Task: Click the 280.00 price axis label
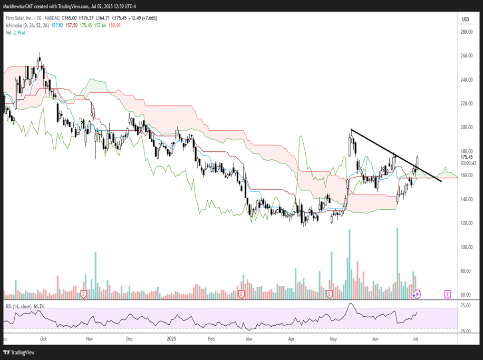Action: [466, 32]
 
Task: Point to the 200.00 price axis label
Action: [466, 128]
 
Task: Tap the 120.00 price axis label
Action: [466, 223]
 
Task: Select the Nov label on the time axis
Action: [89, 339]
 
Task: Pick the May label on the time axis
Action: [333, 339]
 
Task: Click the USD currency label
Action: [466, 19]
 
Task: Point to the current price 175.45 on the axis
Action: [466, 157]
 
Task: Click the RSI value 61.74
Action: [38, 306]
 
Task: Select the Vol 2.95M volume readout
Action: [16, 33]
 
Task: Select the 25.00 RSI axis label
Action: [466, 331]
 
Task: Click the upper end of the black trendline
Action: [352, 130]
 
